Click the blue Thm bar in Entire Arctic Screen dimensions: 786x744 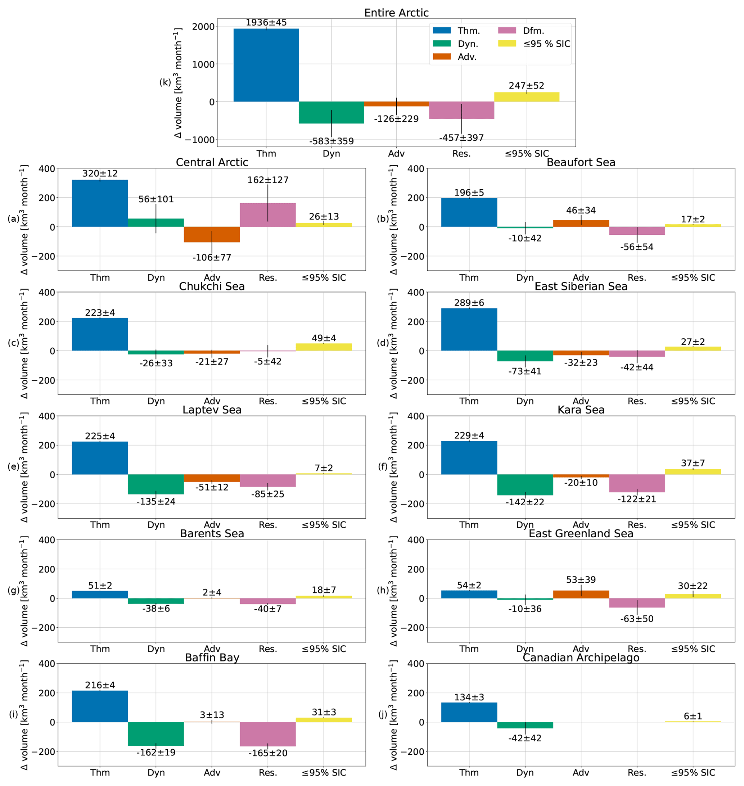pyautogui.click(x=266, y=65)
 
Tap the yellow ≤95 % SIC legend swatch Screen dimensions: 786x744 pyautogui.click(x=507, y=44)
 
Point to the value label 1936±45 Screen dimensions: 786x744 pyautogui.click(x=266, y=23)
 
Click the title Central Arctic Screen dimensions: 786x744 pyautogui.click(x=212, y=162)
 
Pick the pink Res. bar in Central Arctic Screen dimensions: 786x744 pyautogui.click(x=268, y=215)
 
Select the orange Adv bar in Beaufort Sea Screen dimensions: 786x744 pyautogui.click(x=581, y=223)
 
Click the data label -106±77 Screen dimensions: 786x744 pyautogui.click(x=212, y=257)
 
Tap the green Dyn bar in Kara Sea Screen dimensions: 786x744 pyautogui.click(x=525, y=485)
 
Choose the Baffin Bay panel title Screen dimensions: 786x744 pyautogui.click(x=212, y=658)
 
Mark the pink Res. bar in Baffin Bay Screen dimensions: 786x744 pyautogui.click(x=268, y=734)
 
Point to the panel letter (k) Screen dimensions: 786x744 pyautogui.click(x=165, y=82)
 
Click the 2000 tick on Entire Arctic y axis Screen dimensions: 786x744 pyautogui.click(x=203, y=27)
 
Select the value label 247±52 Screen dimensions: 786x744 pyautogui.click(x=526, y=86)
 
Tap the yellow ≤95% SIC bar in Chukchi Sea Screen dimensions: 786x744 pyautogui.click(x=324, y=347)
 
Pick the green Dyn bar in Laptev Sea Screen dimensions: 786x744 pyautogui.click(x=156, y=484)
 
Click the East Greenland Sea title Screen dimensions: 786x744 pyautogui.click(x=581, y=534)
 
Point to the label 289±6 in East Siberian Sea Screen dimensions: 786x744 pyautogui.click(x=469, y=303)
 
